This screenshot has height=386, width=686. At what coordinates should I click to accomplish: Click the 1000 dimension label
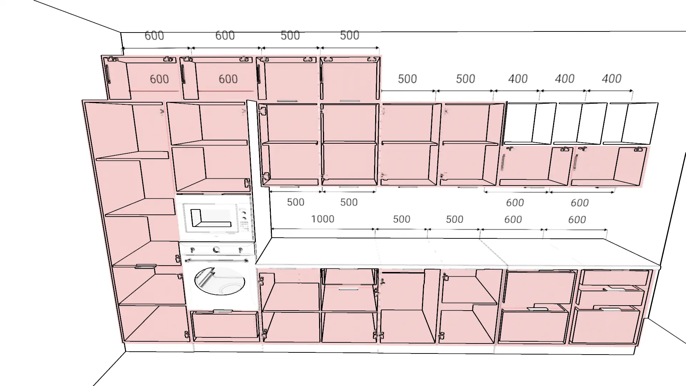(x=323, y=219)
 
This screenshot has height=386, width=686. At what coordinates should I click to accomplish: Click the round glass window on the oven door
(x=220, y=281)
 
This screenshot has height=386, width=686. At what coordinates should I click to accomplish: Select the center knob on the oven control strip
(x=216, y=250)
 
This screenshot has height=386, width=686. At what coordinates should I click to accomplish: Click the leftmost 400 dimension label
(x=518, y=79)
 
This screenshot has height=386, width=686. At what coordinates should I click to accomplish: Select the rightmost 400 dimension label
(x=612, y=79)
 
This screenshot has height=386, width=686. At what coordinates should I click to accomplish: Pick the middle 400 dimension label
(x=565, y=79)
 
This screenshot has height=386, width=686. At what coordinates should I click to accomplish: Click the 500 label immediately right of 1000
(x=402, y=219)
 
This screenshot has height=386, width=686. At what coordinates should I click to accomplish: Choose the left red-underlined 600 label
(x=159, y=79)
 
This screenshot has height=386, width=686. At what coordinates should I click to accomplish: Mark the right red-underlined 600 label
(x=228, y=79)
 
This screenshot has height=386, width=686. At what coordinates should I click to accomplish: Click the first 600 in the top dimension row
(x=154, y=35)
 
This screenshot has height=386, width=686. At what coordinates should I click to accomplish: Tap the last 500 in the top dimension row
(x=349, y=35)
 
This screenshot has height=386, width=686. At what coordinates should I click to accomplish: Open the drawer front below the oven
(x=225, y=325)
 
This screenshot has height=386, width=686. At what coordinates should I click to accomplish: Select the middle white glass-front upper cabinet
(x=580, y=123)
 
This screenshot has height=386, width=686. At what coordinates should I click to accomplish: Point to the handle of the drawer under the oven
(x=223, y=312)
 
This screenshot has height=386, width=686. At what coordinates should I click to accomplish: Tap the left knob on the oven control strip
(x=193, y=250)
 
